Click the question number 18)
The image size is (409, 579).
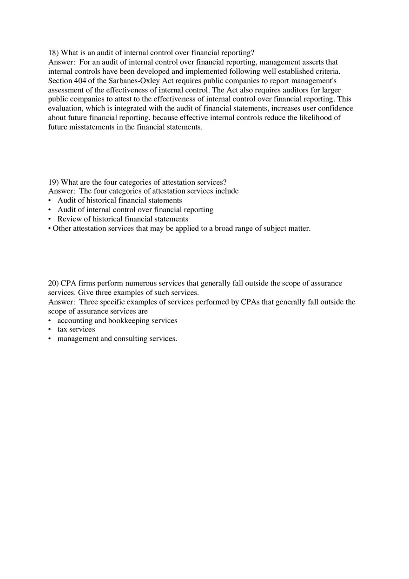point(53,53)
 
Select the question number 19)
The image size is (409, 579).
point(53,182)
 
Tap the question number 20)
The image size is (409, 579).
point(53,283)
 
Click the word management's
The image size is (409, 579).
point(310,81)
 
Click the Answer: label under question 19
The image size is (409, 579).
point(62,191)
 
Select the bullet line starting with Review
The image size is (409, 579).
point(123,219)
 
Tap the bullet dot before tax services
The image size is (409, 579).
point(50,330)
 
